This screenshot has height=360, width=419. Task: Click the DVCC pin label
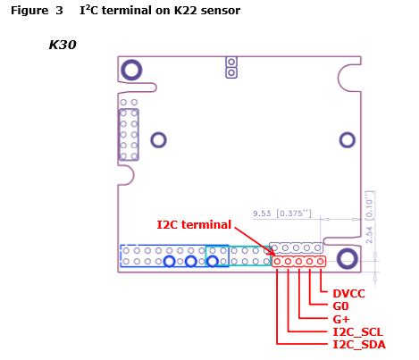pyautogui.click(x=348, y=293)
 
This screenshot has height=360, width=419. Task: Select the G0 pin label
pyautogui.click(x=340, y=306)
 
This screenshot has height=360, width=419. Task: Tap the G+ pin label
pyautogui.click(x=340, y=318)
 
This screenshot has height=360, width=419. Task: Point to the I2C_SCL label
pyautogui.click(x=357, y=331)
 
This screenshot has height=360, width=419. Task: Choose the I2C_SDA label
pyautogui.click(x=357, y=344)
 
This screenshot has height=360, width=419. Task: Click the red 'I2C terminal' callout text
pyautogui.click(x=194, y=224)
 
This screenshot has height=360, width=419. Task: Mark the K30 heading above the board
pyautogui.click(x=62, y=44)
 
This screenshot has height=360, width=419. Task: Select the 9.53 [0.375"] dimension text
pyautogui.click(x=281, y=213)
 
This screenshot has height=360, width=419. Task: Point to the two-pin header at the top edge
pyautogui.click(x=230, y=67)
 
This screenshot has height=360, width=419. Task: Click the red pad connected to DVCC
pyautogui.click(x=319, y=262)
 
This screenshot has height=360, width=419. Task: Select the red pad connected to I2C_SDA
pyautogui.click(x=277, y=262)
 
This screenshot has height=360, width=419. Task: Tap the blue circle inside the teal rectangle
pyautogui.click(x=213, y=262)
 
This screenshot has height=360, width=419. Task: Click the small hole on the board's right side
pyautogui.click(x=348, y=139)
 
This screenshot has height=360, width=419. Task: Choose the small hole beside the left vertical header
pyautogui.click(x=158, y=139)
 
